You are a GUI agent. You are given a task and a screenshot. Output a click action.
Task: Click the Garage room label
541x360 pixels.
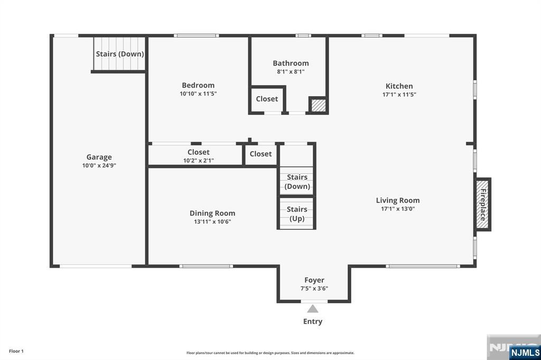[x=99, y=157]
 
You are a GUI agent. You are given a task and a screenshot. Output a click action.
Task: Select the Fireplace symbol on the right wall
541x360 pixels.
[x=482, y=204]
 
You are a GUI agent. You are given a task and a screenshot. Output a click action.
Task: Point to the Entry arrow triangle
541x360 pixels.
[x=313, y=309]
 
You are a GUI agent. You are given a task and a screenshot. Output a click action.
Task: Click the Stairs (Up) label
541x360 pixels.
[x=297, y=214]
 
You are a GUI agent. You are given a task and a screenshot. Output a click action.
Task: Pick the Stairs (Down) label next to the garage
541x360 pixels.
[x=120, y=54]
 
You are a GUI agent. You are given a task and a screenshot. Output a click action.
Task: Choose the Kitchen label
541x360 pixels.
[x=399, y=86]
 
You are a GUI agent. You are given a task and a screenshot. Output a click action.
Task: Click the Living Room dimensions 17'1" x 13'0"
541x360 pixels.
[x=397, y=209]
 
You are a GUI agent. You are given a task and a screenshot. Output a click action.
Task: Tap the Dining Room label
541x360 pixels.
[x=212, y=213]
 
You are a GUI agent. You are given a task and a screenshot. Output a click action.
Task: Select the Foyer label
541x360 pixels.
[x=314, y=280]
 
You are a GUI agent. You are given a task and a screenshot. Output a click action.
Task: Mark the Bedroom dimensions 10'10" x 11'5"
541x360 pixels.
[x=198, y=93]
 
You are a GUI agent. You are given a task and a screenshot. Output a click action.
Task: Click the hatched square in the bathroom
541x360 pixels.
[x=317, y=105]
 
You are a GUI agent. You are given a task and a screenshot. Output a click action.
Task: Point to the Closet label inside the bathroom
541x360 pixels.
[x=267, y=99]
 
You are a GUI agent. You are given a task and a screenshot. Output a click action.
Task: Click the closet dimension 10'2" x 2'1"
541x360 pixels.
[x=199, y=160]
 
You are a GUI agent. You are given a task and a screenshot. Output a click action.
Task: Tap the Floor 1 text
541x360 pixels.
[x=16, y=351]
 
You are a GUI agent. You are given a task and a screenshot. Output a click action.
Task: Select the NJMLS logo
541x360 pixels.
[x=525, y=352]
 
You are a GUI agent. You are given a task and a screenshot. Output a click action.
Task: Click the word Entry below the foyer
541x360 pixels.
[x=313, y=321]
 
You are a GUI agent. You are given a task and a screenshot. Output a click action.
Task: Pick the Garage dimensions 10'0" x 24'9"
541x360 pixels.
[x=99, y=165]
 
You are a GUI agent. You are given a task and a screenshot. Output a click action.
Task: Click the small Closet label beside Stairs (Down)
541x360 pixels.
[x=260, y=154]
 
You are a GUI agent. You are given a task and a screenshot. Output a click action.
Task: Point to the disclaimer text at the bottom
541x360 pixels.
[x=270, y=353]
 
